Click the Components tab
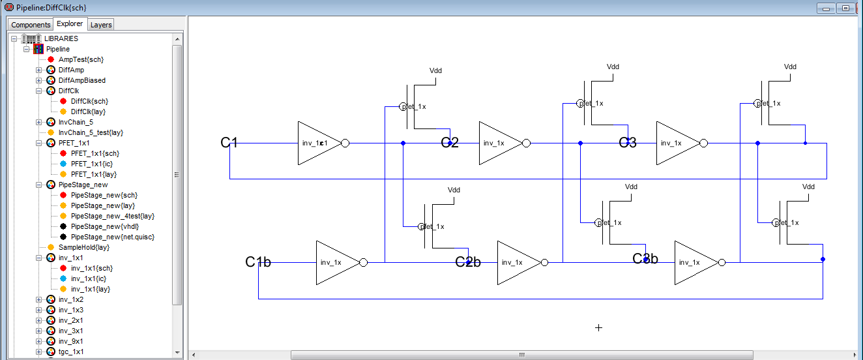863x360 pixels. pos(31,25)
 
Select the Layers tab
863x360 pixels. pos(101,25)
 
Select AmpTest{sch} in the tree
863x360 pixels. pos(81,59)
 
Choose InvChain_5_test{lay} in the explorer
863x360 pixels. pos(91,132)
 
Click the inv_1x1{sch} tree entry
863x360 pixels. pos(92,268)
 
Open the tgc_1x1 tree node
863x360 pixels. pos(70,352)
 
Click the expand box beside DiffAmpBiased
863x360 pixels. pos(38,80)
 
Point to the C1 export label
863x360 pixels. pos(229,143)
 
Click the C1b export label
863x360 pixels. pos(258,262)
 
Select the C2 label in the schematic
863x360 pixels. pos(450,143)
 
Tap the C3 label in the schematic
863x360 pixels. pos(628,143)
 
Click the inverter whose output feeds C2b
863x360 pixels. pos(338,262)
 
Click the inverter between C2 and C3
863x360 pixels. pos(501,143)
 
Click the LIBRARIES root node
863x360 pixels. pos(61,38)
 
